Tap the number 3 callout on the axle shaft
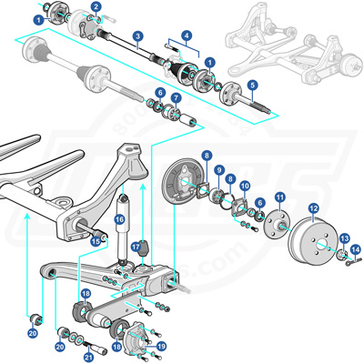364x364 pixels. click(x=136, y=37)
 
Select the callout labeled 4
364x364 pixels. click(x=187, y=37)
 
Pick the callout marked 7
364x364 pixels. click(x=177, y=98)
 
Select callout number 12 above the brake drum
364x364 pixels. click(x=313, y=207)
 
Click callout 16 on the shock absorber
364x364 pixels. click(x=119, y=218)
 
